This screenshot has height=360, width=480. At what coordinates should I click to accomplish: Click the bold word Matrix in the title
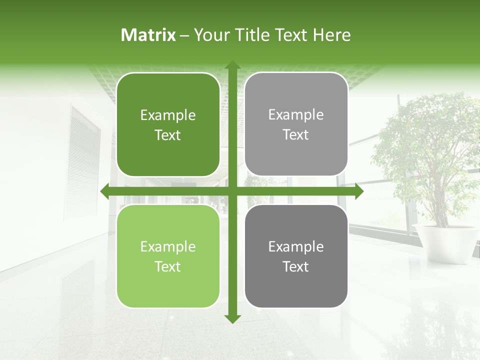[148, 35]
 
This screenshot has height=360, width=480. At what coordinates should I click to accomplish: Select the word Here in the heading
[332, 35]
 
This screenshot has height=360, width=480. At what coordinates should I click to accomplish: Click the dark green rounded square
[168, 124]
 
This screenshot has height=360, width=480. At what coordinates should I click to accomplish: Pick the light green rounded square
[168, 256]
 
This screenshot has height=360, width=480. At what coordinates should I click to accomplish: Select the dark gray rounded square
[296, 256]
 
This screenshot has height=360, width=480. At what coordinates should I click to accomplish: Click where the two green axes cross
[232, 191]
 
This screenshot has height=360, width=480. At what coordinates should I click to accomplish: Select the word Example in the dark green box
[168, 115]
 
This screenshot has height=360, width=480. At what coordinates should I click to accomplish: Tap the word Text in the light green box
[168, 266]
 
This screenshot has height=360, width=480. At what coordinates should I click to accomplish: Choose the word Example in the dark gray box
[296, 246]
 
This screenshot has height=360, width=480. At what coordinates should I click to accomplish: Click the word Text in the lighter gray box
[296, 134]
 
